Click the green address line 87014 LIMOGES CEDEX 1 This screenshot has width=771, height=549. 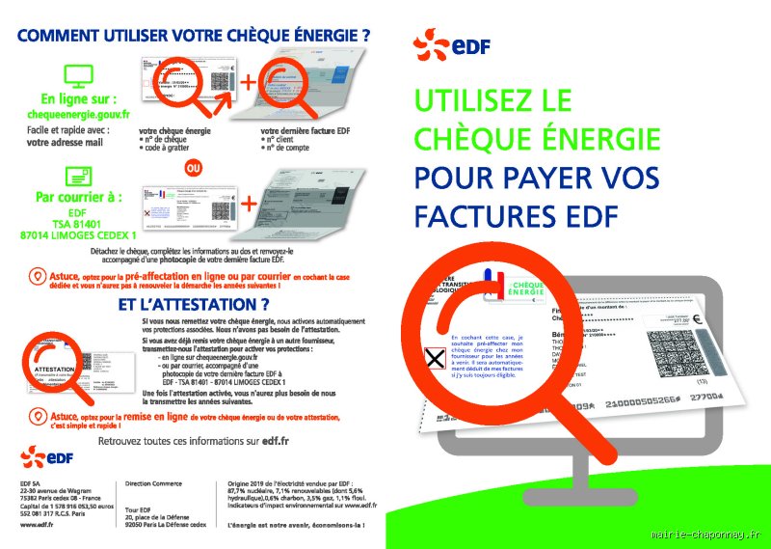pos(79,234)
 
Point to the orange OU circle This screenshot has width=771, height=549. pos(194,167)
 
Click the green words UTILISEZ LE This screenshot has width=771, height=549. pos(492,100)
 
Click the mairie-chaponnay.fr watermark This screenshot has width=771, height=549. pos(705,534)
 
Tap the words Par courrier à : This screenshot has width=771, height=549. pos(77,197)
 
